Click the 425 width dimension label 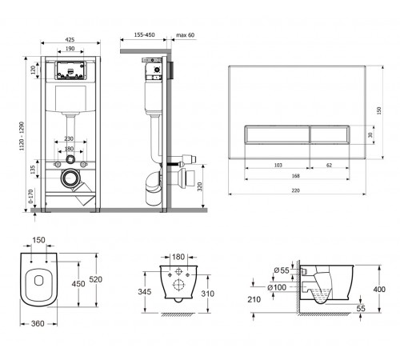tap(70, 39)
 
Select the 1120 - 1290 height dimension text tap(22, 136)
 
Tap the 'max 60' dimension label tap(186, 35)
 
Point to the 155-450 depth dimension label tap(144, 34)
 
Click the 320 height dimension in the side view tap(200, 186)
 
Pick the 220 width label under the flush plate tap(295, 190)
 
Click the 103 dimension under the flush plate tap(278, 165)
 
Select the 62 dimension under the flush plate tap(329, 165)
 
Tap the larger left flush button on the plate tap(277, 134)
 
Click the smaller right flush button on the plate tap(330, 134)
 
